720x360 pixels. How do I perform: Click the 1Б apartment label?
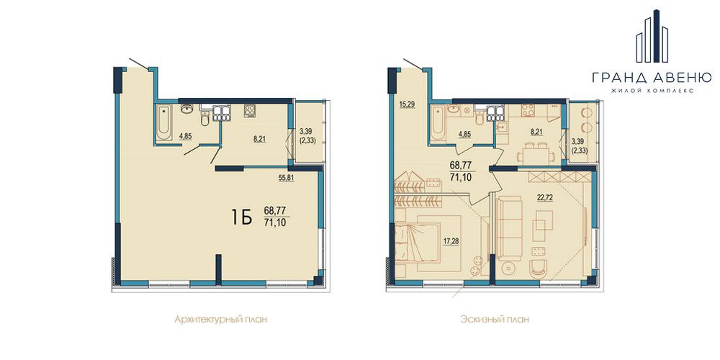coord(242,218)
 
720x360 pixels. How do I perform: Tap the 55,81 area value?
coord(286,179)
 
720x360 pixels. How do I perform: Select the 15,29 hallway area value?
coord(407,104)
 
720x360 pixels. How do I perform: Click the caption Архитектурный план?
coord(221,319)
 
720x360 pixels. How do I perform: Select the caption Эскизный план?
coord(495,319)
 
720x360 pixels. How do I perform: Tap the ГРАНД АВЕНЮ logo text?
coord(652,76)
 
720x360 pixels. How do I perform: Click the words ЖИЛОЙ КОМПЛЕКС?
coord(652,91)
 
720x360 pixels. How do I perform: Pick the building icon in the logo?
coord(652,36)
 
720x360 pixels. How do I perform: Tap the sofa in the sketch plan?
coord(510,229)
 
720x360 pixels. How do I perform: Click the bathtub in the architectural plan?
coord(163,122)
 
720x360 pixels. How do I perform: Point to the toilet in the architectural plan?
coord(205,119)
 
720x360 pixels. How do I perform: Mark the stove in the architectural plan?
coord(251,111)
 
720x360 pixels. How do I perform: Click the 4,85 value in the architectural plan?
coord(186,136)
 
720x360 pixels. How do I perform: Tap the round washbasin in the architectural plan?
coord(187,109)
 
